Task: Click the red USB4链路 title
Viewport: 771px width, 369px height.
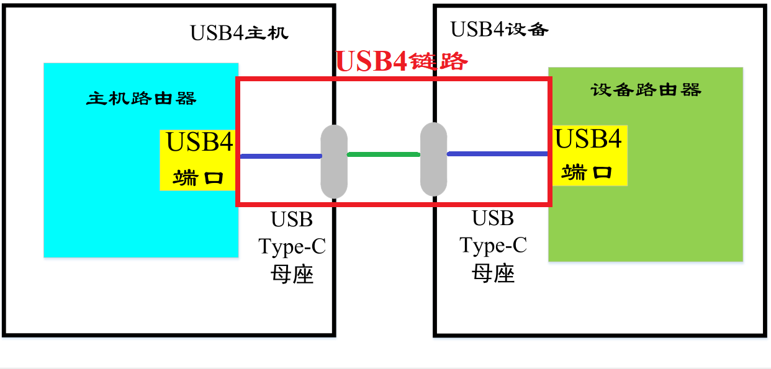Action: [x=401, y=61]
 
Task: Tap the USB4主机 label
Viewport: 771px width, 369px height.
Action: [x=239, y=32]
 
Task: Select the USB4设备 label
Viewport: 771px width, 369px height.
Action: [x=499, y=29]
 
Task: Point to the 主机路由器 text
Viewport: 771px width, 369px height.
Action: [x=142, y=98]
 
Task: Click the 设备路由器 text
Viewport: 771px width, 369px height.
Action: [x=646, y=90]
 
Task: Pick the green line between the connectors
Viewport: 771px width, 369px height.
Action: [x=383, y=154]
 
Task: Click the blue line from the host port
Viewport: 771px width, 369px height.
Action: [x=280, y=156]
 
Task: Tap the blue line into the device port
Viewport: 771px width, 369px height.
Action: [x=497, y=154]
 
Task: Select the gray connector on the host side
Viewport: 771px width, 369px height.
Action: [x=334, y=162]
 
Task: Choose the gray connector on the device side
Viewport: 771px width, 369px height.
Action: [x=433, y=159]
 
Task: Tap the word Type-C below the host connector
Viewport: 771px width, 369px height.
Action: [x=292, y=247]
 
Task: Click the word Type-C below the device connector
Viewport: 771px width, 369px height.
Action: [x=493, y=246]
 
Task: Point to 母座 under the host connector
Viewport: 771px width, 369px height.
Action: [x=292, y=274]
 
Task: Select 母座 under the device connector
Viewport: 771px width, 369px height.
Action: [x=493, y=273]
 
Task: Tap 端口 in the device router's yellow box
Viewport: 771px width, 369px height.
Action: [x=587, y=172]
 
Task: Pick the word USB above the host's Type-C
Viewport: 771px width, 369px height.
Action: [x=292, y=220]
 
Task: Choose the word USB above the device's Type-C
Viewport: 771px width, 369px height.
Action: [x=493, y=218]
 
